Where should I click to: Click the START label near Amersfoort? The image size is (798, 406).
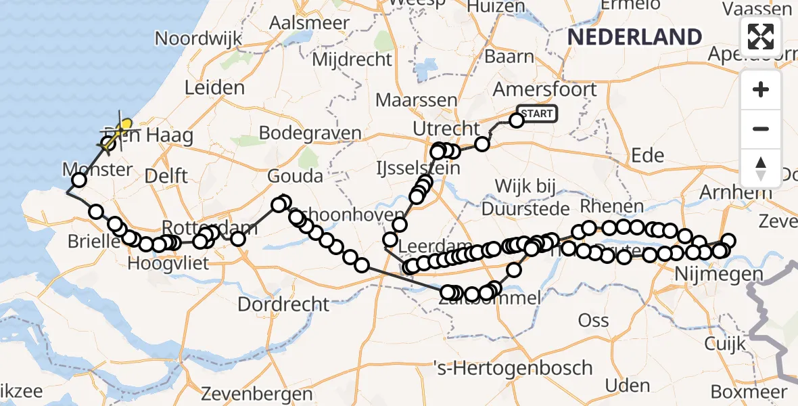538,114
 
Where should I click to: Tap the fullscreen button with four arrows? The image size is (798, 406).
761,37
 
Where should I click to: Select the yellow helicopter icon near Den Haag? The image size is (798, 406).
123,127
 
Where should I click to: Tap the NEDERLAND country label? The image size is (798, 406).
634,37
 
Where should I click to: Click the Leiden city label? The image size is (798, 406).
214,88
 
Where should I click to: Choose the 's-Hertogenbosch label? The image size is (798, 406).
513,369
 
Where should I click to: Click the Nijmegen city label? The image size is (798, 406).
720,275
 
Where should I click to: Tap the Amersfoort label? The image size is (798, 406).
545,89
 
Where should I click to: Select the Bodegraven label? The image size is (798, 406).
310,133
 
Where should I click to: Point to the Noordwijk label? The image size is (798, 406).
198,38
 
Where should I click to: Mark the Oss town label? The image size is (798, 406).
593,320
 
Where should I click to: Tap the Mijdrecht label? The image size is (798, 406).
352,59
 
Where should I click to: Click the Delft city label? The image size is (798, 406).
167,176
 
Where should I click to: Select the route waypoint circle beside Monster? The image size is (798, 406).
79,179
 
